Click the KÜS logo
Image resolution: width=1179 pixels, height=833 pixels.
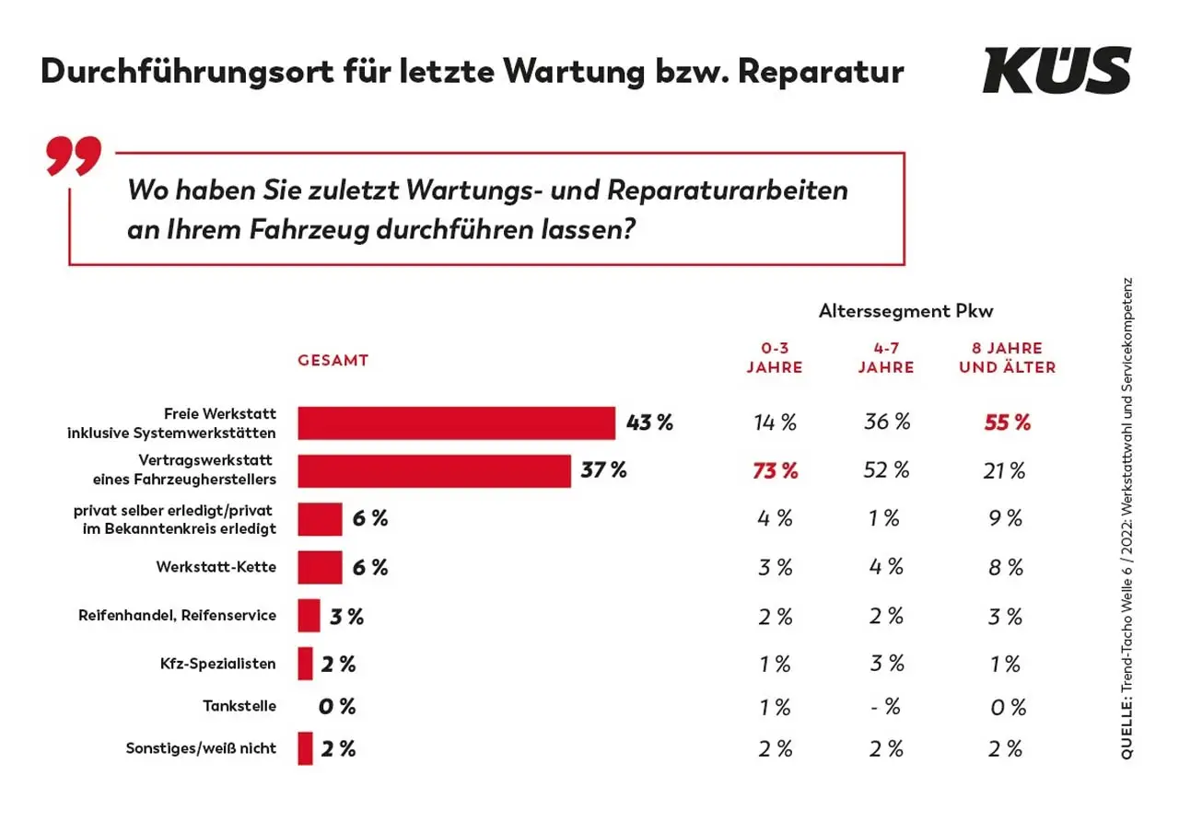[x=1056, y=70]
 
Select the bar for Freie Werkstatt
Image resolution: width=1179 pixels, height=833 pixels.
[x=456, y=423]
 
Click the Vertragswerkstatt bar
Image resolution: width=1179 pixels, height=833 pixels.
[x=434, y=471]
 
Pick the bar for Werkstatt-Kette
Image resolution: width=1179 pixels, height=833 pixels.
[x=320, y=567]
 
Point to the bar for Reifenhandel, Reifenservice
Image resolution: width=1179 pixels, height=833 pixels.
[x=309, y=615]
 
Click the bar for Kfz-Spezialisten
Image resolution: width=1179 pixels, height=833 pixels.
[x=305, y=663]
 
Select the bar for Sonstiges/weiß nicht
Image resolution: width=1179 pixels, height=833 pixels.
[x=305, y=748]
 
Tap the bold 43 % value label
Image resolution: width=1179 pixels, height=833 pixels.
[x=649, y=423]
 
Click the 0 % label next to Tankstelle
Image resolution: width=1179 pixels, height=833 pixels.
[x=336, y=707]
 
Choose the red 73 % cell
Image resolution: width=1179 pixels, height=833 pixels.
[x=775, y=471]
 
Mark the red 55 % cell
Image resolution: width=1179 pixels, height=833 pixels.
[x=1007, y=423]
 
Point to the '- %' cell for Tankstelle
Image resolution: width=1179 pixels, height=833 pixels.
[x=885, y=707]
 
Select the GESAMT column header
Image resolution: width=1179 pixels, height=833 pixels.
[x=333, y=361]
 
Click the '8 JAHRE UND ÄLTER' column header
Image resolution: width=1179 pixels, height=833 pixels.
[x=1007, y=357]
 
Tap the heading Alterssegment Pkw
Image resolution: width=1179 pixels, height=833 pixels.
[x=905, y=312]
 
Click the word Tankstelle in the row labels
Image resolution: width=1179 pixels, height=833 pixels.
[x=239, y=707]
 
